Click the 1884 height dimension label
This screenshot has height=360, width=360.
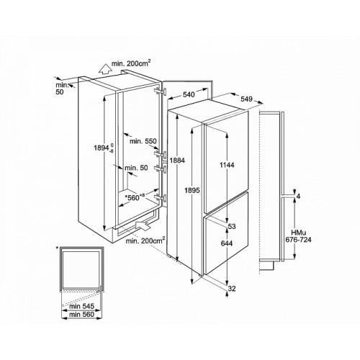click(177, 161)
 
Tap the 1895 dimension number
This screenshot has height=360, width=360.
click(192, 190)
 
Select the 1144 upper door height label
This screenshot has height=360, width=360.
click(227, 165)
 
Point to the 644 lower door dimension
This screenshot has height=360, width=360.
click(227, 243)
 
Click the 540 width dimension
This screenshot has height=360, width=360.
click(189, 94)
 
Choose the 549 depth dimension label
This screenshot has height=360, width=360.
click(247, 99)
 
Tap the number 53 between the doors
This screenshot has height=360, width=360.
click(232, 226)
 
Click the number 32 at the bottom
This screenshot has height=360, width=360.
click(232, 289)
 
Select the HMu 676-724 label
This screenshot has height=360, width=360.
click(298, 236)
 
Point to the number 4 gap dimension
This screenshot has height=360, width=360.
click(298, 197)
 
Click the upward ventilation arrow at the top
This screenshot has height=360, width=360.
click(105, 68)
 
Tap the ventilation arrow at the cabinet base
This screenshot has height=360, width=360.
click(143, 226)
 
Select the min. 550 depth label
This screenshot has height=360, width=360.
click(143, 141)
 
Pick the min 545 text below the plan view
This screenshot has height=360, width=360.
click(81, 306)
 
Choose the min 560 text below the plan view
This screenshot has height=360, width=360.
click(81, 314)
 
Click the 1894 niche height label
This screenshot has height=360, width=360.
click(104, 148)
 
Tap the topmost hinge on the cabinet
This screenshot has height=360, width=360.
click(161, 91)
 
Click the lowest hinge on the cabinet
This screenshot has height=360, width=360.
click(161, 198)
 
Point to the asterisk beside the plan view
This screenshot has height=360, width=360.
click(57, 248)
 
